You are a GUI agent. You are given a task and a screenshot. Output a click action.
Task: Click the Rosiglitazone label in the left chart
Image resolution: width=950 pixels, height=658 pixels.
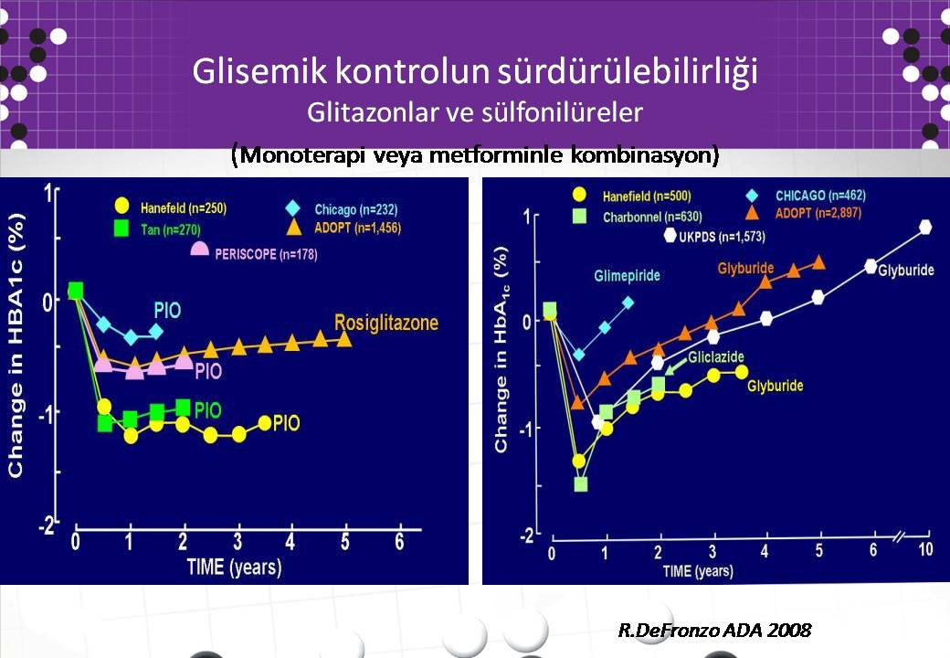(386, 323)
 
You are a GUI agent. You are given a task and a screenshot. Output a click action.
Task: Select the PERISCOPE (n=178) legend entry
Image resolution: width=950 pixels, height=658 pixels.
(254, 252)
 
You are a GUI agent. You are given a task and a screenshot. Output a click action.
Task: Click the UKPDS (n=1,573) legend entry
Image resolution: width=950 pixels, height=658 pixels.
(714, 237)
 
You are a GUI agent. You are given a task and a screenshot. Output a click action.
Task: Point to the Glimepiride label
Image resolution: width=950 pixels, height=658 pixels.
(627, 276)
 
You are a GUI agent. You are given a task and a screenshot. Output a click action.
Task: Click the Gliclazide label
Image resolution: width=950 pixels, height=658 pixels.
(715, 356)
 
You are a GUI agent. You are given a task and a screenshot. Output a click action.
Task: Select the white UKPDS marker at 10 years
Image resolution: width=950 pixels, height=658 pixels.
(925, 228)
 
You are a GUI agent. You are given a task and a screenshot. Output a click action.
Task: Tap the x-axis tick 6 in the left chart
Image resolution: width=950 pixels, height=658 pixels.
(399, 541)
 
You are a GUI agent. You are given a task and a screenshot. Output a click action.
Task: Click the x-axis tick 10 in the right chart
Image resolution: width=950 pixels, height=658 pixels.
(925, 549)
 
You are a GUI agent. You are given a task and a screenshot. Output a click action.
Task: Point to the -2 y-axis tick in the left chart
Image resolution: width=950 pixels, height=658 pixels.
(46, 525)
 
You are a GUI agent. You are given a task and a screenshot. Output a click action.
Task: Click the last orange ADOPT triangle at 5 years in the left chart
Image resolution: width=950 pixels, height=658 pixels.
(344, 338)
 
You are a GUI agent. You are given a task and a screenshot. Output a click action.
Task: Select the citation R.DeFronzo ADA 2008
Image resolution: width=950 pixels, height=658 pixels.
(714, 631)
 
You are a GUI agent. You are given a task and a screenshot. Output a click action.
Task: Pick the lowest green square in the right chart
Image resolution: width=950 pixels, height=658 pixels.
(580, 484)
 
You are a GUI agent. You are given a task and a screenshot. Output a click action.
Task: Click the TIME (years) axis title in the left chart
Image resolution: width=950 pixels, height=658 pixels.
(234, 568)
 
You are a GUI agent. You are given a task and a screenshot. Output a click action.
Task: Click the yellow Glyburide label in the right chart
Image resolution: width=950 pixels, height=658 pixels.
(775, 386)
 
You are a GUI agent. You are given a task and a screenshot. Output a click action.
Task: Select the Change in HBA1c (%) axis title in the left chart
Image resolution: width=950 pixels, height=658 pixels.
(16, 345)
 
